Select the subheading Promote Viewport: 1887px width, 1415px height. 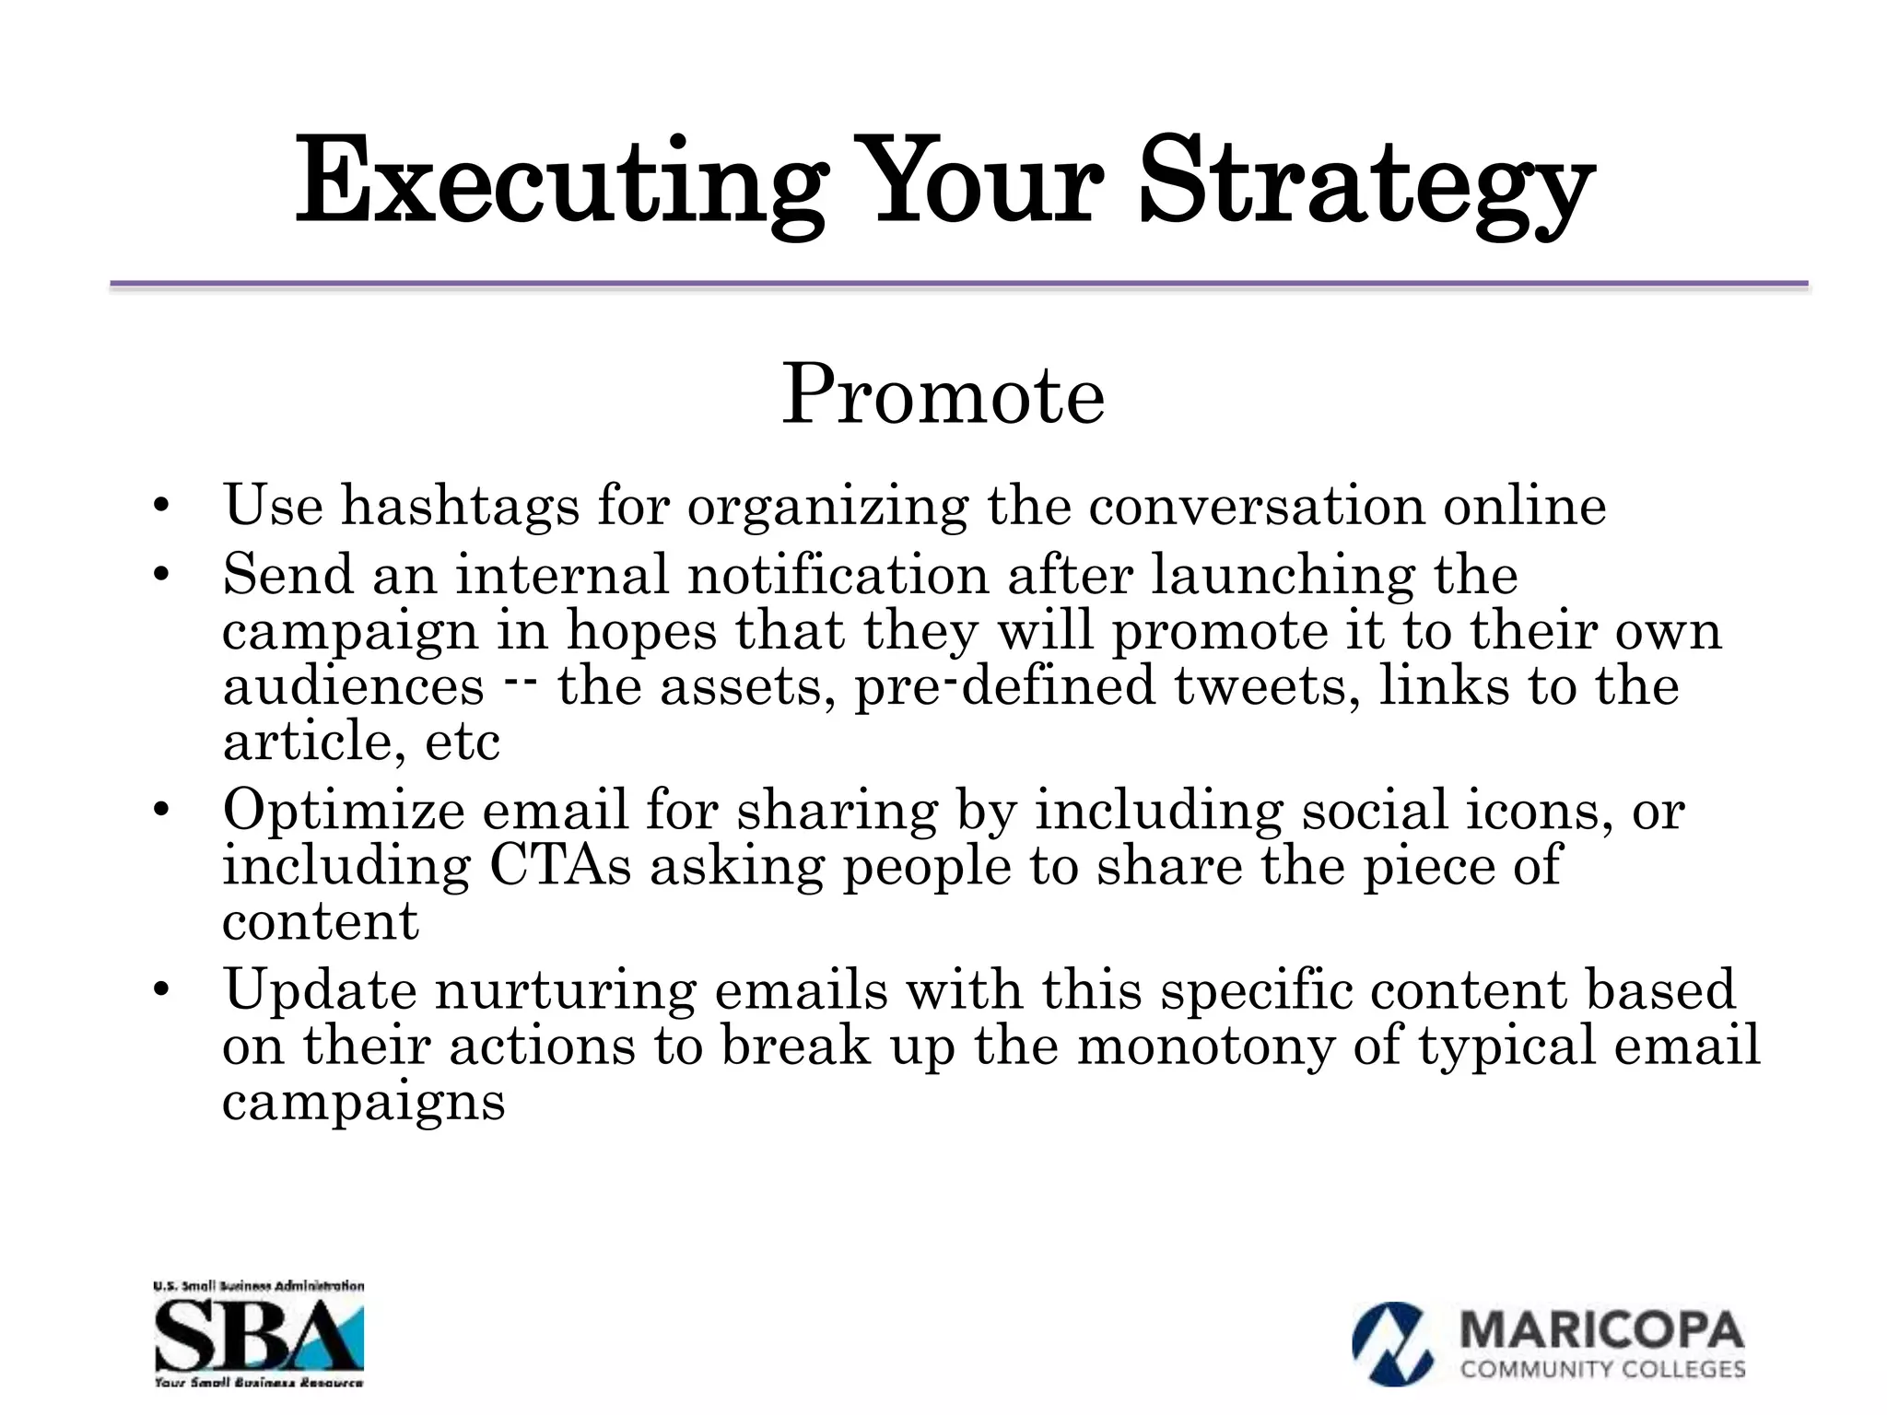point(943,396)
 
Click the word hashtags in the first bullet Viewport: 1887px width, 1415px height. point(461,506)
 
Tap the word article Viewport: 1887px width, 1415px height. point(313,742)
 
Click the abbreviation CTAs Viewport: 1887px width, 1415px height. point(560,866)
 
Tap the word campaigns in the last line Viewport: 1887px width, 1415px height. point(364,1102)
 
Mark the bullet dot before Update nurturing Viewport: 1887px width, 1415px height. point(161,990)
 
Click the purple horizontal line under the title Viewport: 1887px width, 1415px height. point(958,285)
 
